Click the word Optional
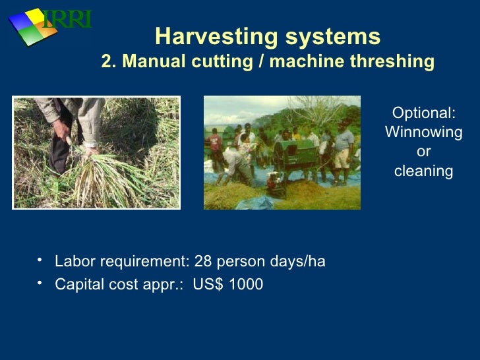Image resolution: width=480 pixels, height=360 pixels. click(x=423, y=113)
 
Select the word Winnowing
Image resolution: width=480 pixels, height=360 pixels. click(x=423, y=133)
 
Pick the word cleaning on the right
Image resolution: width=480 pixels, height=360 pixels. click(x=423, y=171)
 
